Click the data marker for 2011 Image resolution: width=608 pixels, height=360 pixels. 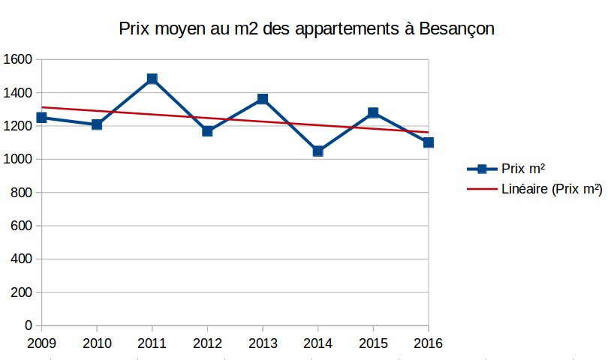[x=152, y=79]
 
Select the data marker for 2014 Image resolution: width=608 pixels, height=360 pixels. [x=318, y=151]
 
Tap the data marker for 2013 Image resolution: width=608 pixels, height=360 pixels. [x=263, y=99]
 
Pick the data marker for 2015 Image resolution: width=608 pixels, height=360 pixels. [x=373, y=112]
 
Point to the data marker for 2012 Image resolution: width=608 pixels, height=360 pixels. [x=208, y=131]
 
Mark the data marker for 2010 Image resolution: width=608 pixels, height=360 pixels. [x=97, y=124]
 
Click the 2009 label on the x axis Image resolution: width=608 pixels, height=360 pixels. [x=41, y=343]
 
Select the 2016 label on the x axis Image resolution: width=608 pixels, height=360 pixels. [x=428, y=343]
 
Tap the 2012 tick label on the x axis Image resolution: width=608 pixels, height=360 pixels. [x=207, y=343]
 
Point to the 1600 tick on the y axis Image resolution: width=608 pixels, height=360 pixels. [x=17, y=59]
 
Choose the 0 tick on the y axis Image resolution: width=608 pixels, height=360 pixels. [x=29, y=325]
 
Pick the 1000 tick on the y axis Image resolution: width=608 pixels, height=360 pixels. [x=17, y=159]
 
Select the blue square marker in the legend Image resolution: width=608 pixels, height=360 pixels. [x=483, y=169]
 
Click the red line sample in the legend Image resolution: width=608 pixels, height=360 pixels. [x=483, y=190]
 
